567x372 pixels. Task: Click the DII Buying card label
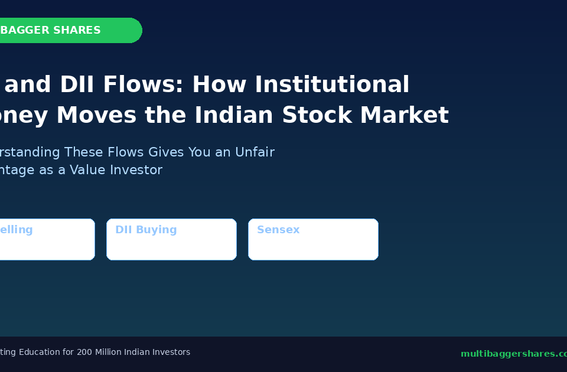pyautogui.click(x=146, y=230)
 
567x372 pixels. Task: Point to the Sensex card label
pyautogui.click(x=278, y=230)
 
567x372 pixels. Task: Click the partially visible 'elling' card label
pyautogui.click(x=15, y=230)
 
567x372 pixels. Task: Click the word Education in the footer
pyautogui.click(x=40, y=352)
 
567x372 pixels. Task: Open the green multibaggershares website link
pyautogui.click(x=513, y=354)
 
